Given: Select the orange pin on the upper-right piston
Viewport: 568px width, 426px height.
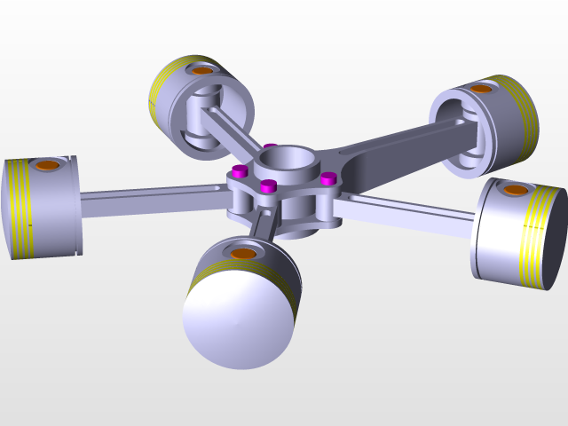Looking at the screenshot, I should [x=481, y=89].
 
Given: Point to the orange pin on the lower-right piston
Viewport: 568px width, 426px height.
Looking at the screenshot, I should [x=515, y=190].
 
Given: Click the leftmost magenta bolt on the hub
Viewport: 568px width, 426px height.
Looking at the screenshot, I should [x=238, y=170].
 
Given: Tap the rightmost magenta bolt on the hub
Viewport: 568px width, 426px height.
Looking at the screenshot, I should [x=328, y=178].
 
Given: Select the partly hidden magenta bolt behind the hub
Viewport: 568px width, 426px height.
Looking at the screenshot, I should [x=271, y=146].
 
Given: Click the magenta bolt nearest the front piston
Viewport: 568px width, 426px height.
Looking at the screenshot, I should [x=268, y=185].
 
